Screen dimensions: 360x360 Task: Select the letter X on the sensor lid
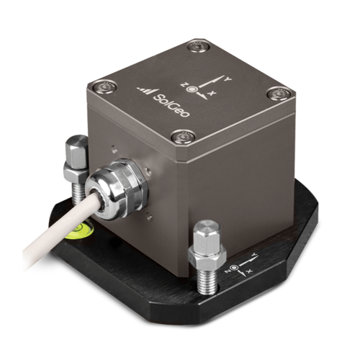pyautogui.click(x=211, y=94)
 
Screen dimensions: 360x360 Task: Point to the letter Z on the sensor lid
pyautogui.click(x=185, y=84)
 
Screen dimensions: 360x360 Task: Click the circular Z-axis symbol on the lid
pyautogui.click(x=192, y=89)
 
